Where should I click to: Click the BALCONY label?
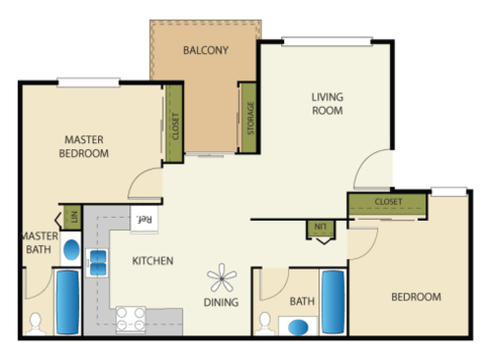206,50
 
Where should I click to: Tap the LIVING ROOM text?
327,104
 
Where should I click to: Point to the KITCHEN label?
153,261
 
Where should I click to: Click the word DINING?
221,302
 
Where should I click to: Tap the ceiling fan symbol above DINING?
220,278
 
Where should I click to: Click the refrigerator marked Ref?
145,220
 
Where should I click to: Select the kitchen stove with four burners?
131,318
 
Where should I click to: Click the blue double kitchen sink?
98,262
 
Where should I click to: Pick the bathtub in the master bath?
67,301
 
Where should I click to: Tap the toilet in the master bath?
35,322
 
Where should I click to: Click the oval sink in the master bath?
71,249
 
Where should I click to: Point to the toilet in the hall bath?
265,322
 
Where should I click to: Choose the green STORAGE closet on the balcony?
249,117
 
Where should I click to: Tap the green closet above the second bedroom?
389,203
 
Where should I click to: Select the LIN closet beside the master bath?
71,218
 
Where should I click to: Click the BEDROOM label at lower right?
416,296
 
